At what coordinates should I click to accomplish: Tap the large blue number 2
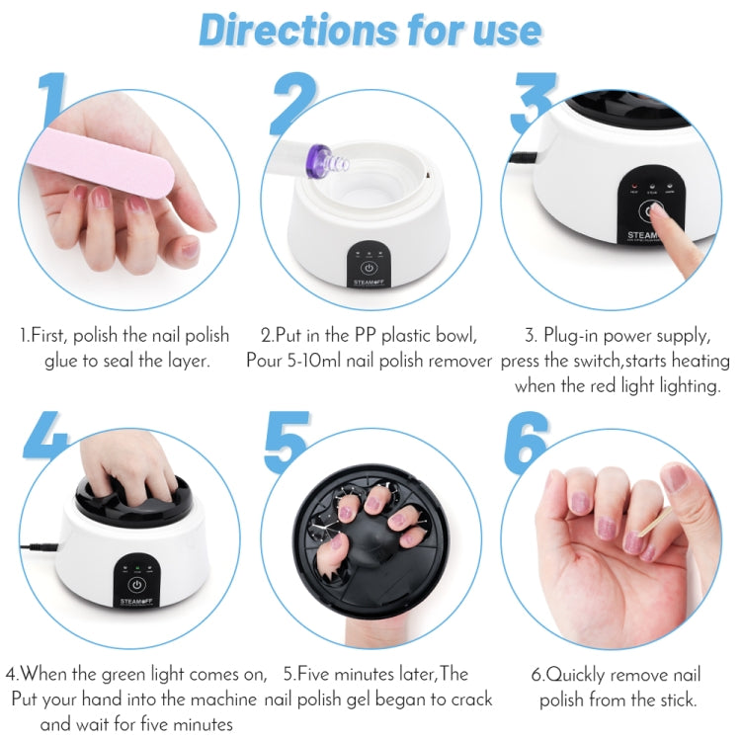click(x=293, y=103)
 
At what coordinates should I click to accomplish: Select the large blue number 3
click(x=534, y=103)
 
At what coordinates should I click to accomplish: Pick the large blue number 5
click(x=287, y=442)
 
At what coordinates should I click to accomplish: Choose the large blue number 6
click(x=527, y=442)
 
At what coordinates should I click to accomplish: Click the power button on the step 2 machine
click(x=369, y=269)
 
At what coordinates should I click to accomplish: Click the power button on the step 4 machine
click(x=136, y=585)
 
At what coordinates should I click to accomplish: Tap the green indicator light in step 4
click(x=137, y=567)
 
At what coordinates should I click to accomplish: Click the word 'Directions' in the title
click(x=297, y=31)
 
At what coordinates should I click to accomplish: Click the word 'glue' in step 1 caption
click(x=61, y=362)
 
